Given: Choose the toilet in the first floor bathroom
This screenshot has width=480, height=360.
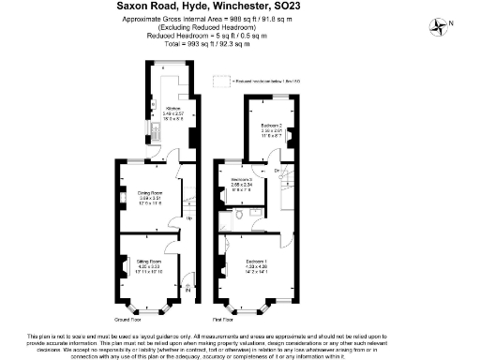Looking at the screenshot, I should coord(241,215).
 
